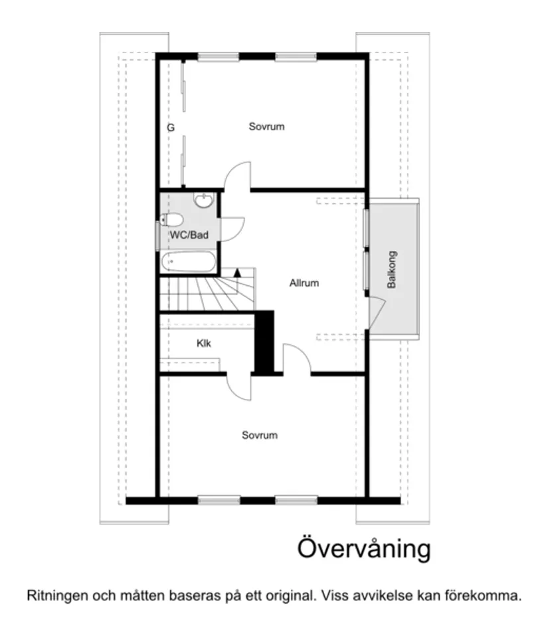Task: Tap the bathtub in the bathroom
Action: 189,263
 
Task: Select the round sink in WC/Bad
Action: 203,200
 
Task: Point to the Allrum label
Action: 304,283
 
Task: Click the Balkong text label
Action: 392,269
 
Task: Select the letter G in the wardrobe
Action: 171,127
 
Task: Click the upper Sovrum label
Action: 266,126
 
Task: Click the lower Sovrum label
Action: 259,436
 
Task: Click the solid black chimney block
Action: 265,342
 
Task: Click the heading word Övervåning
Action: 363,549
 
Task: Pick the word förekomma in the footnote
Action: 486,596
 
